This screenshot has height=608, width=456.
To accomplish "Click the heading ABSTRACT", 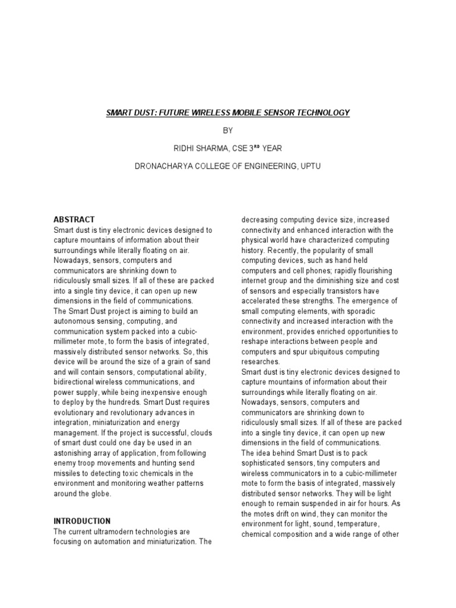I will click(x=74, y=219).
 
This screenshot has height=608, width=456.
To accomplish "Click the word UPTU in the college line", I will click(x=309, y=167).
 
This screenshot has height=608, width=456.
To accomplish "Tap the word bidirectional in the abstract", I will click(x=78, y=383).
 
